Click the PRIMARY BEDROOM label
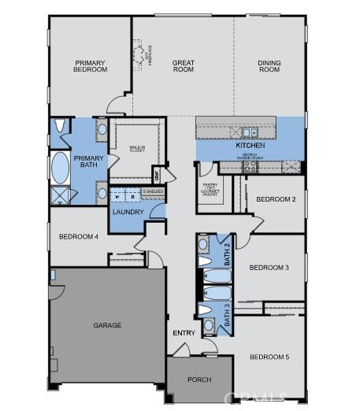click(91, 66)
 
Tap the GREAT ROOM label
click(184, 66)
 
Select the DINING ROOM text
click(269, 66)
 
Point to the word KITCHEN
click(250, 146)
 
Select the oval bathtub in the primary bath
click(60, 166)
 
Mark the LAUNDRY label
click(127, 212)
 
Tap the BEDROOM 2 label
click(276, 199)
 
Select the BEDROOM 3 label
click(269, 268)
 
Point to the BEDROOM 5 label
click(269, 357)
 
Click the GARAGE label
click(107, 325)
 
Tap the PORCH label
click(199, 380)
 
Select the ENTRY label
click(184, 333)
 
